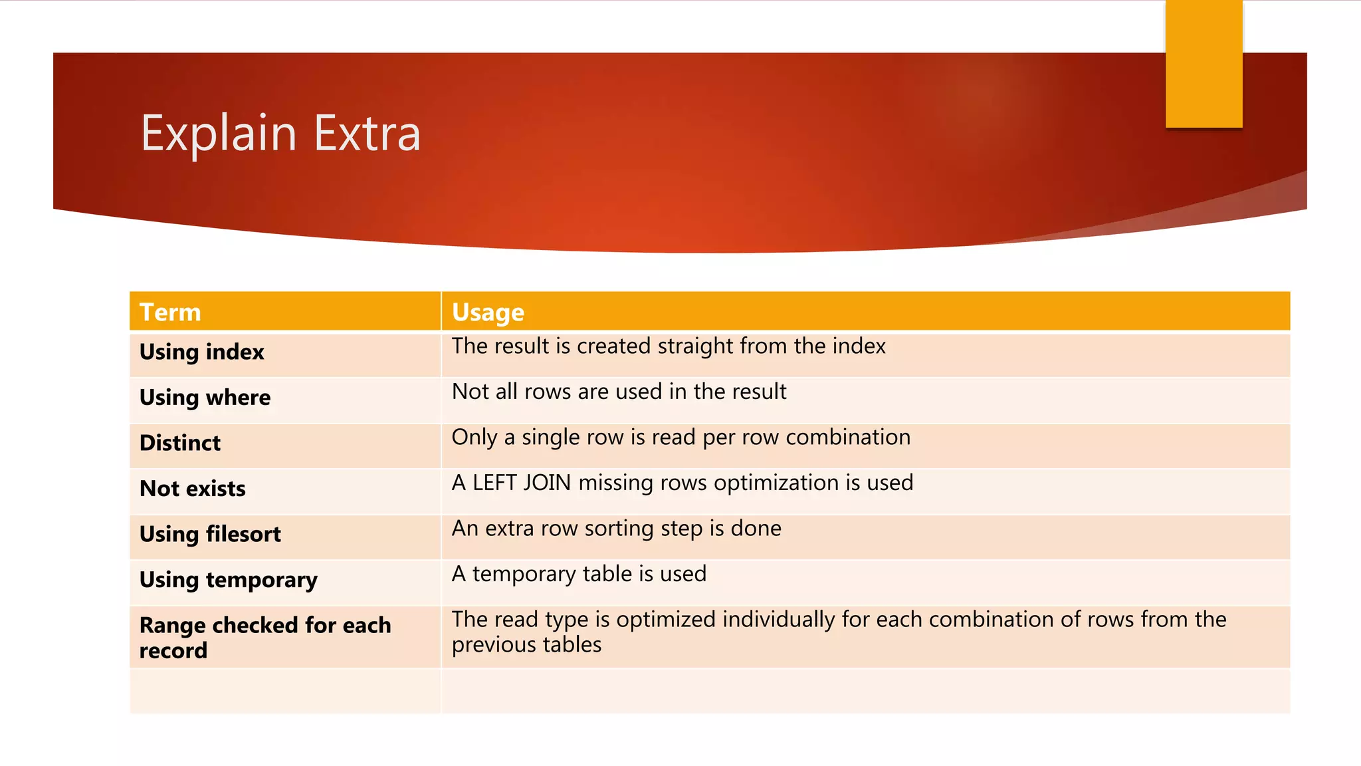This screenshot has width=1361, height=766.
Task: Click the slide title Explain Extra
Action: [280, 133]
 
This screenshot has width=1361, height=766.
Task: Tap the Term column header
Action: [170, 312]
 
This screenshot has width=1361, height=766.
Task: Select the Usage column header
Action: [488, 312]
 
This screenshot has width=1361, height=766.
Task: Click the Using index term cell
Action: [202, 352]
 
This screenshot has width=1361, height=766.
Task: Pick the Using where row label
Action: [205, 398]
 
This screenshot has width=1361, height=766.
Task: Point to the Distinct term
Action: [180, 443]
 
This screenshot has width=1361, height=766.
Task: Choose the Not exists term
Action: [193, 489]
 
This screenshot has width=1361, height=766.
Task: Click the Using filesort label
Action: [210, 534]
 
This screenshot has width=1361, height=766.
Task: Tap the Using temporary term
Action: [229, 580]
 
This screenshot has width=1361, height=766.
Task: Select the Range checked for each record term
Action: [264, 637]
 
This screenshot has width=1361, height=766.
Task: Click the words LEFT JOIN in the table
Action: [522, 483]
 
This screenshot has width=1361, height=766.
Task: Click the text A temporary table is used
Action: [579, 574]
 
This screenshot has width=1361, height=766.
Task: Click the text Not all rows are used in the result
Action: [619, 392]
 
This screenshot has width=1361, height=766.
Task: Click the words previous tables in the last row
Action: [526, 645]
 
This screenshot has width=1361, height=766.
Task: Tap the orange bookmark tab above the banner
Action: [1204, 63]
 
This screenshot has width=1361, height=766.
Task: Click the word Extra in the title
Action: [367, 133]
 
